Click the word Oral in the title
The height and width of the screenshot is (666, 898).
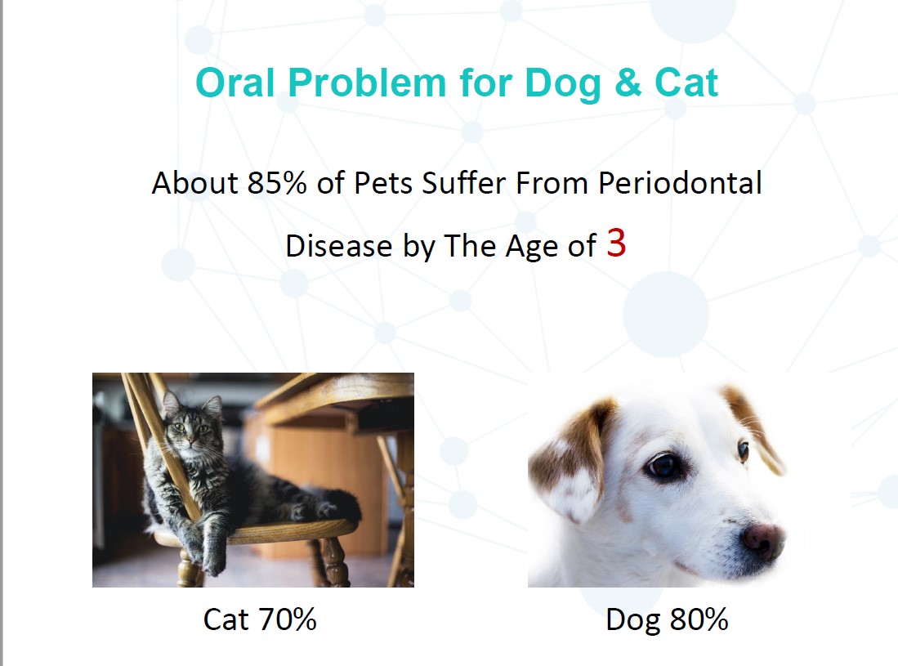[x=235, y=83]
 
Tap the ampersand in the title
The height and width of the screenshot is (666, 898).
[x=628, y=83]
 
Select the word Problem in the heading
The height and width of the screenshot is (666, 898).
[x=367, y=83]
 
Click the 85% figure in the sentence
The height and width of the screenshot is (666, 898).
[x=277, y=183]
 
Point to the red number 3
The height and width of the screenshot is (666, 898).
[x=616, y=243]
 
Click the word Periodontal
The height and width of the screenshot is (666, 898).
[x=680, y=183]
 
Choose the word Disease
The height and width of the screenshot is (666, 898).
[x=338, y=246]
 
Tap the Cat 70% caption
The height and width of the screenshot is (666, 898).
[x=260, y=619]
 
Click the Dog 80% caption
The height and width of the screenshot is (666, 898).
[x=667, y=619]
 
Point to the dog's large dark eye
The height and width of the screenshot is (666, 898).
[x=664, y=465]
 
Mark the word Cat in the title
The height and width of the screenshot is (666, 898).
[x=686, y=83]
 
